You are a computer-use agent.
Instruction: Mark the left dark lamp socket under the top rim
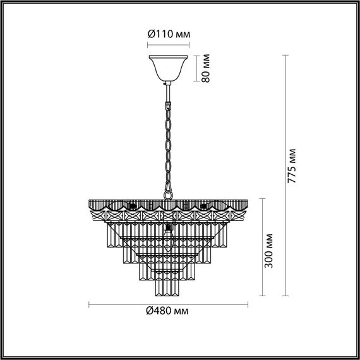[133, 206]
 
